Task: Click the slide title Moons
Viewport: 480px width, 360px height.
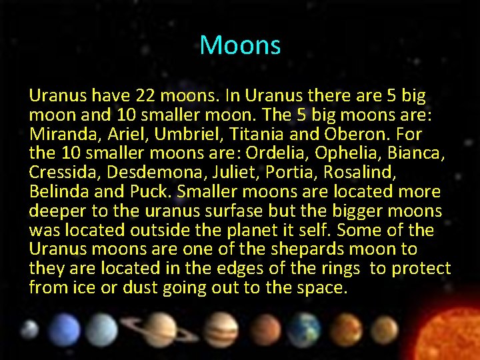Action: click(x=240, y=45)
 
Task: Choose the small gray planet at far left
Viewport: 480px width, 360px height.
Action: click(x=29, y=328)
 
